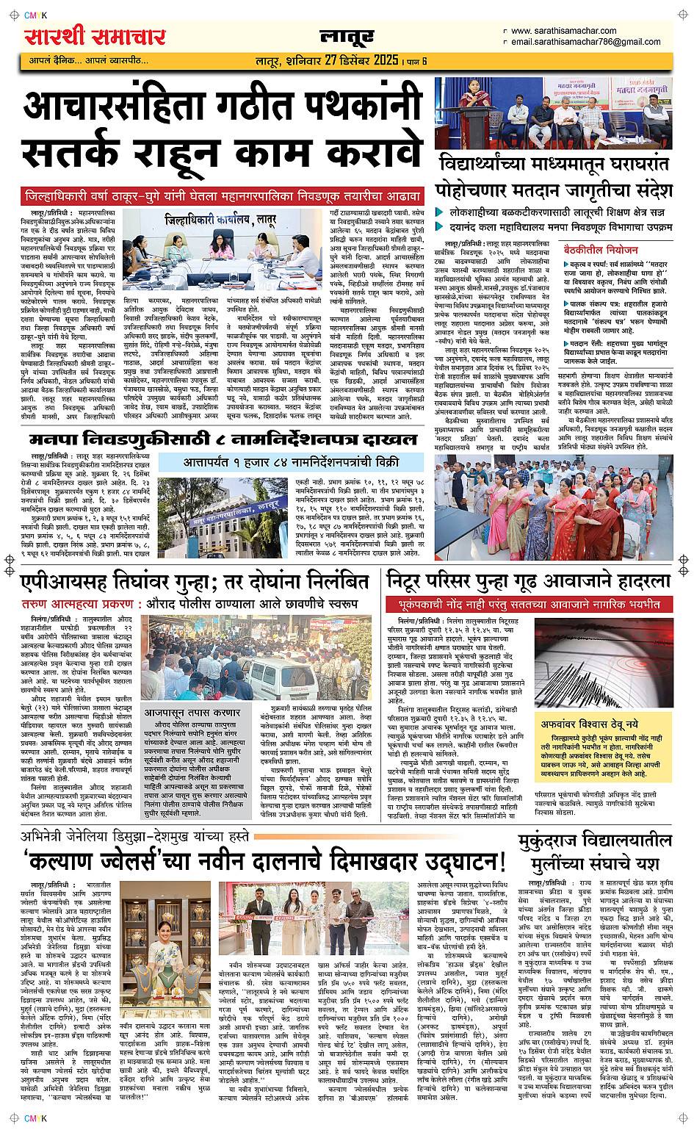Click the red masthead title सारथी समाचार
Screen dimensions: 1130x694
pyautogui.click(x=95, y=37)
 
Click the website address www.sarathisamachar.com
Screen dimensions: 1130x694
pyautogui.click(x=563, y=31)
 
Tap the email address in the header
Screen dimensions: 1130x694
pyautogui.click(x=585, y=42)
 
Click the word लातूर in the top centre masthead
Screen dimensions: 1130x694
pyautogui.click(x=347, y=37)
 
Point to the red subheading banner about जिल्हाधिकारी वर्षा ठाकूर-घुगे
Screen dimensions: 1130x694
pyautogui.click(x=223, y=196)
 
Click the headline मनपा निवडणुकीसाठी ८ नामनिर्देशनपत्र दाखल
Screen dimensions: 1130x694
pyautogui.click(x=223, y=439)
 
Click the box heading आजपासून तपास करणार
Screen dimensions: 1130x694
pyautogui.click(x=192, y=713)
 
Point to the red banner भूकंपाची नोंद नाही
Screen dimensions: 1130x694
pyautogui.click(x=529, y=604)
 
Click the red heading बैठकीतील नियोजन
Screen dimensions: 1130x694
pyautogui.click(x=601, y=250)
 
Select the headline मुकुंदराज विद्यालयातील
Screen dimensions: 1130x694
pyautogui.click(x=594, y=841)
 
